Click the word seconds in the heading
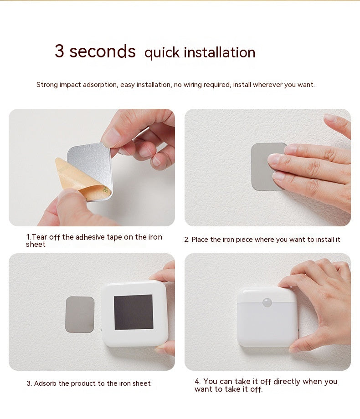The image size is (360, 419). coord(103,51)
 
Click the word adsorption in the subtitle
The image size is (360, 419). coord(100,85)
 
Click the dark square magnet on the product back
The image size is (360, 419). coord(134,312)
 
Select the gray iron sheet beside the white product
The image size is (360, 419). coord(80,315)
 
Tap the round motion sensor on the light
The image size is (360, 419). coord(267,302)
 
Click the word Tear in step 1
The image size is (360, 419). coord(39,237)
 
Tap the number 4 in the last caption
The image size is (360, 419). coord(197,381)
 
